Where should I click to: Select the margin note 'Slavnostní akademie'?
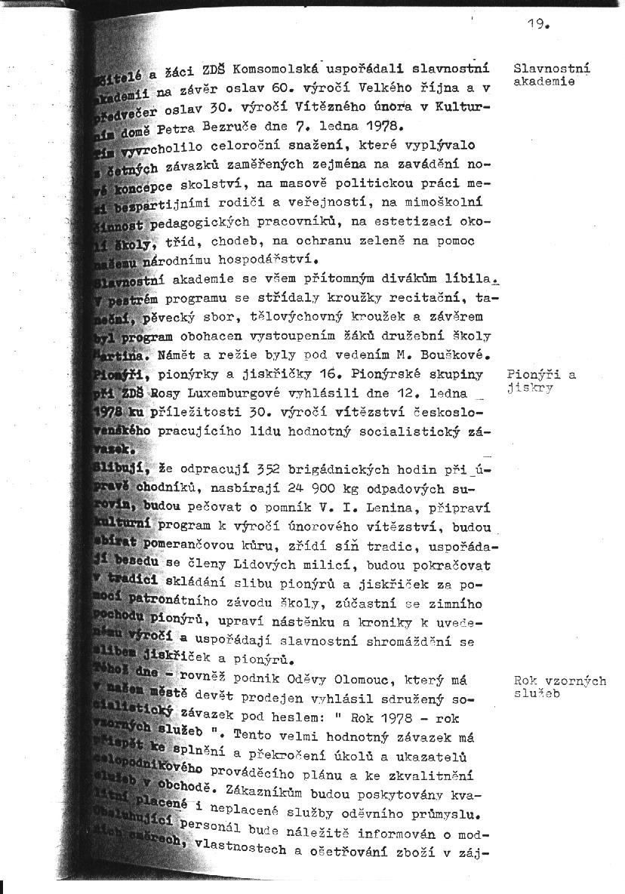551,75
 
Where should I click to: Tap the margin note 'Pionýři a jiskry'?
541,381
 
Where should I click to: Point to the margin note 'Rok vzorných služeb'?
559,687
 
